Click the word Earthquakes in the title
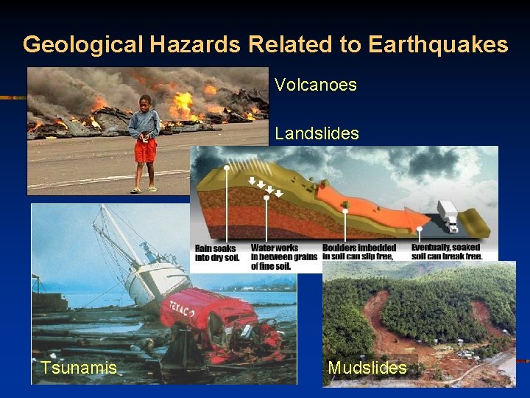pos(438,45)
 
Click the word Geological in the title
pos(83,45)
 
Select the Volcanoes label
pos(316,85)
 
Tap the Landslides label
pos(317,133)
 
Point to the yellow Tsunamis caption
pos(79,367)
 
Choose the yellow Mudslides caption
pos(367,367)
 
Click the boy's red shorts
pos(145,151)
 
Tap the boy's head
pos(145,102)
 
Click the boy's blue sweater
pos(144,125)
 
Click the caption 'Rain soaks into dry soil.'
pos(218,253)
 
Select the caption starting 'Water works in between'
pos(283,256)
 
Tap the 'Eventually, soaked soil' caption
pos(446,252)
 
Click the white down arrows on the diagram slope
pos(266,188)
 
